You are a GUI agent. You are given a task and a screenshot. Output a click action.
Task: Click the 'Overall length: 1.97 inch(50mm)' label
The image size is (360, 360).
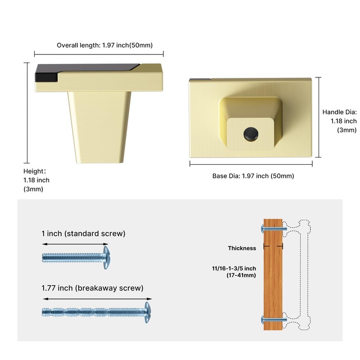click(105, 45)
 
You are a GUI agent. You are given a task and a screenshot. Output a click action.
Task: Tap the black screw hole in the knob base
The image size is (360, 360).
click(248, 133)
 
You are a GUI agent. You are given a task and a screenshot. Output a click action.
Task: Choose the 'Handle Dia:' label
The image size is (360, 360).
click(339, 112)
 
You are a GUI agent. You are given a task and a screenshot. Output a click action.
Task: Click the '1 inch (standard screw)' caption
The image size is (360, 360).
click(83, 234)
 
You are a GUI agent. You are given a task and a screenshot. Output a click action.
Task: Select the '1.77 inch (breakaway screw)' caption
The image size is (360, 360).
click(92, 288)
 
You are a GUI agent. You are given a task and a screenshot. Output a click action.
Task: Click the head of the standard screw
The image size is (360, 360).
click(106, 257)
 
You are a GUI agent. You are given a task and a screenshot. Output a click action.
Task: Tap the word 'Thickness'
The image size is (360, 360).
click(242, 248)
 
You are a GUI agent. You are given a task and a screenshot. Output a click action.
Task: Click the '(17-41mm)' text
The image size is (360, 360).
click(241, 274)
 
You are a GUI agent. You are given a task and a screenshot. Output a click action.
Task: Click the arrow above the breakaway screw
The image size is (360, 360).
click(97, 298)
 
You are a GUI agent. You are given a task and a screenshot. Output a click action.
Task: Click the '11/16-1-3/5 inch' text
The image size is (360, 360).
click(234, 268)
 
